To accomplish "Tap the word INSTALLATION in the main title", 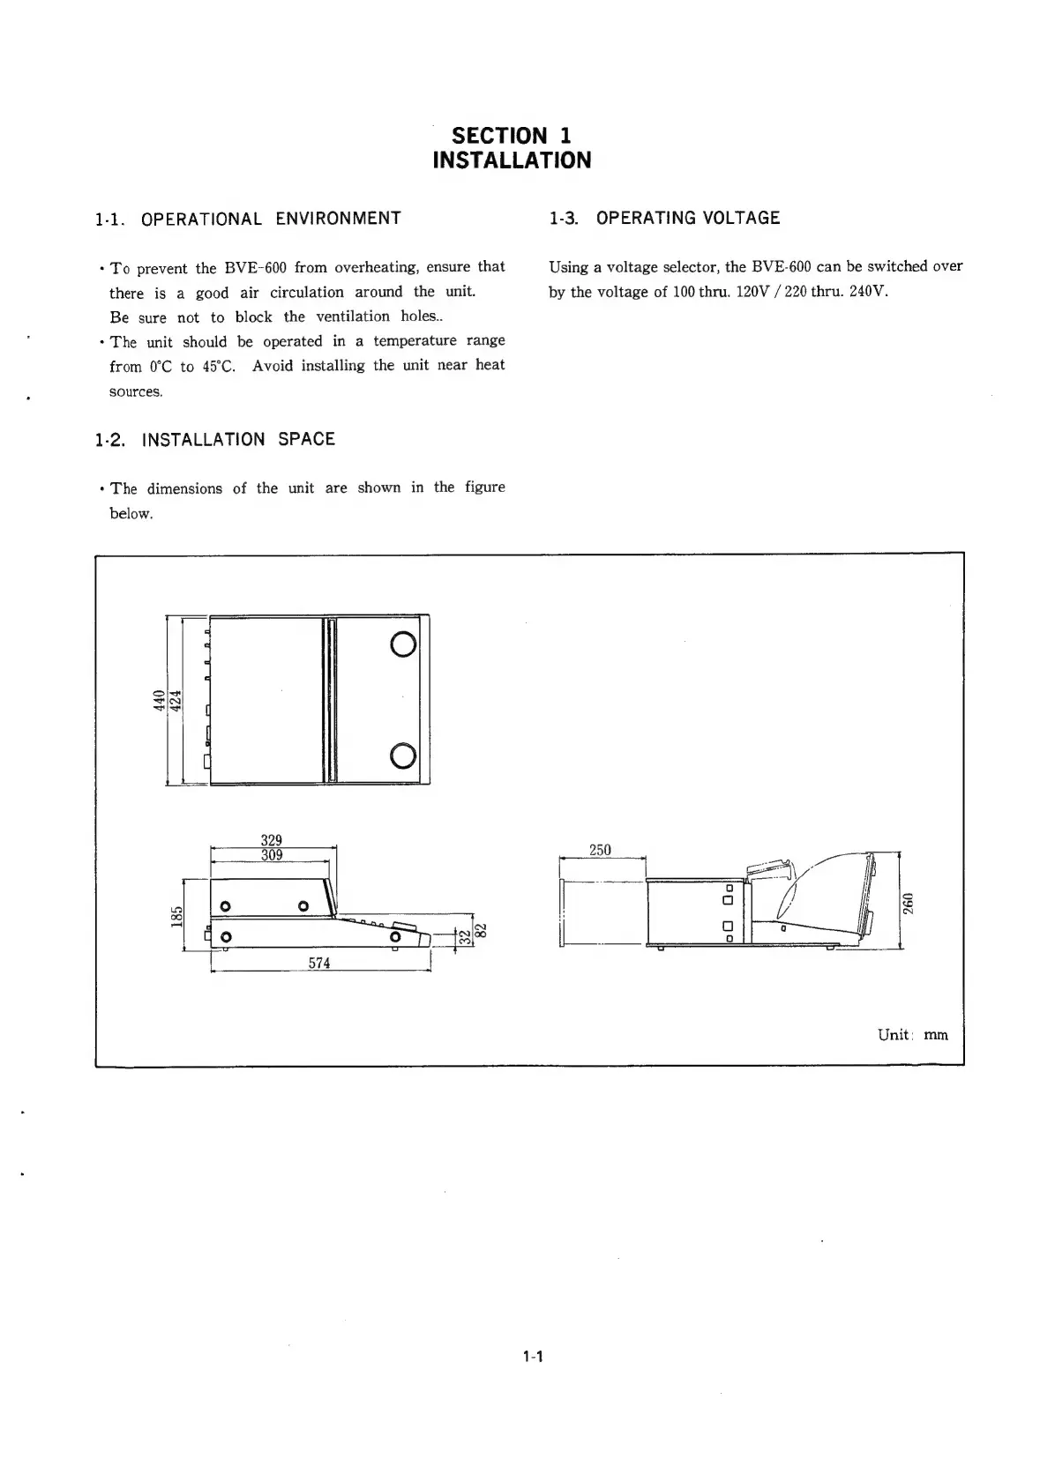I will coord(512,160).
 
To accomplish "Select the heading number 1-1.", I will coord(108,220).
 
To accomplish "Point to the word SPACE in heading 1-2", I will coord(306,439).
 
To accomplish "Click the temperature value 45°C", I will coord(218,366).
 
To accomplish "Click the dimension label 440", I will coord(159,701).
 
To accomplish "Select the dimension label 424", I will coord(175,701).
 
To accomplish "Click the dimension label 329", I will coord(272,840).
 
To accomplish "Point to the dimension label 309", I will coord(272,855).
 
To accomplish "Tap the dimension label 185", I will coord(176,916).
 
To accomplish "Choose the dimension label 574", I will coord(319,964).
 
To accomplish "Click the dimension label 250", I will coord(600,850).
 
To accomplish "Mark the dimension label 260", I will coord(909,904).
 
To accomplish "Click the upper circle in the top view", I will coord(402,646).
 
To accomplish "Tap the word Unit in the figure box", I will coord(893,1035).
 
